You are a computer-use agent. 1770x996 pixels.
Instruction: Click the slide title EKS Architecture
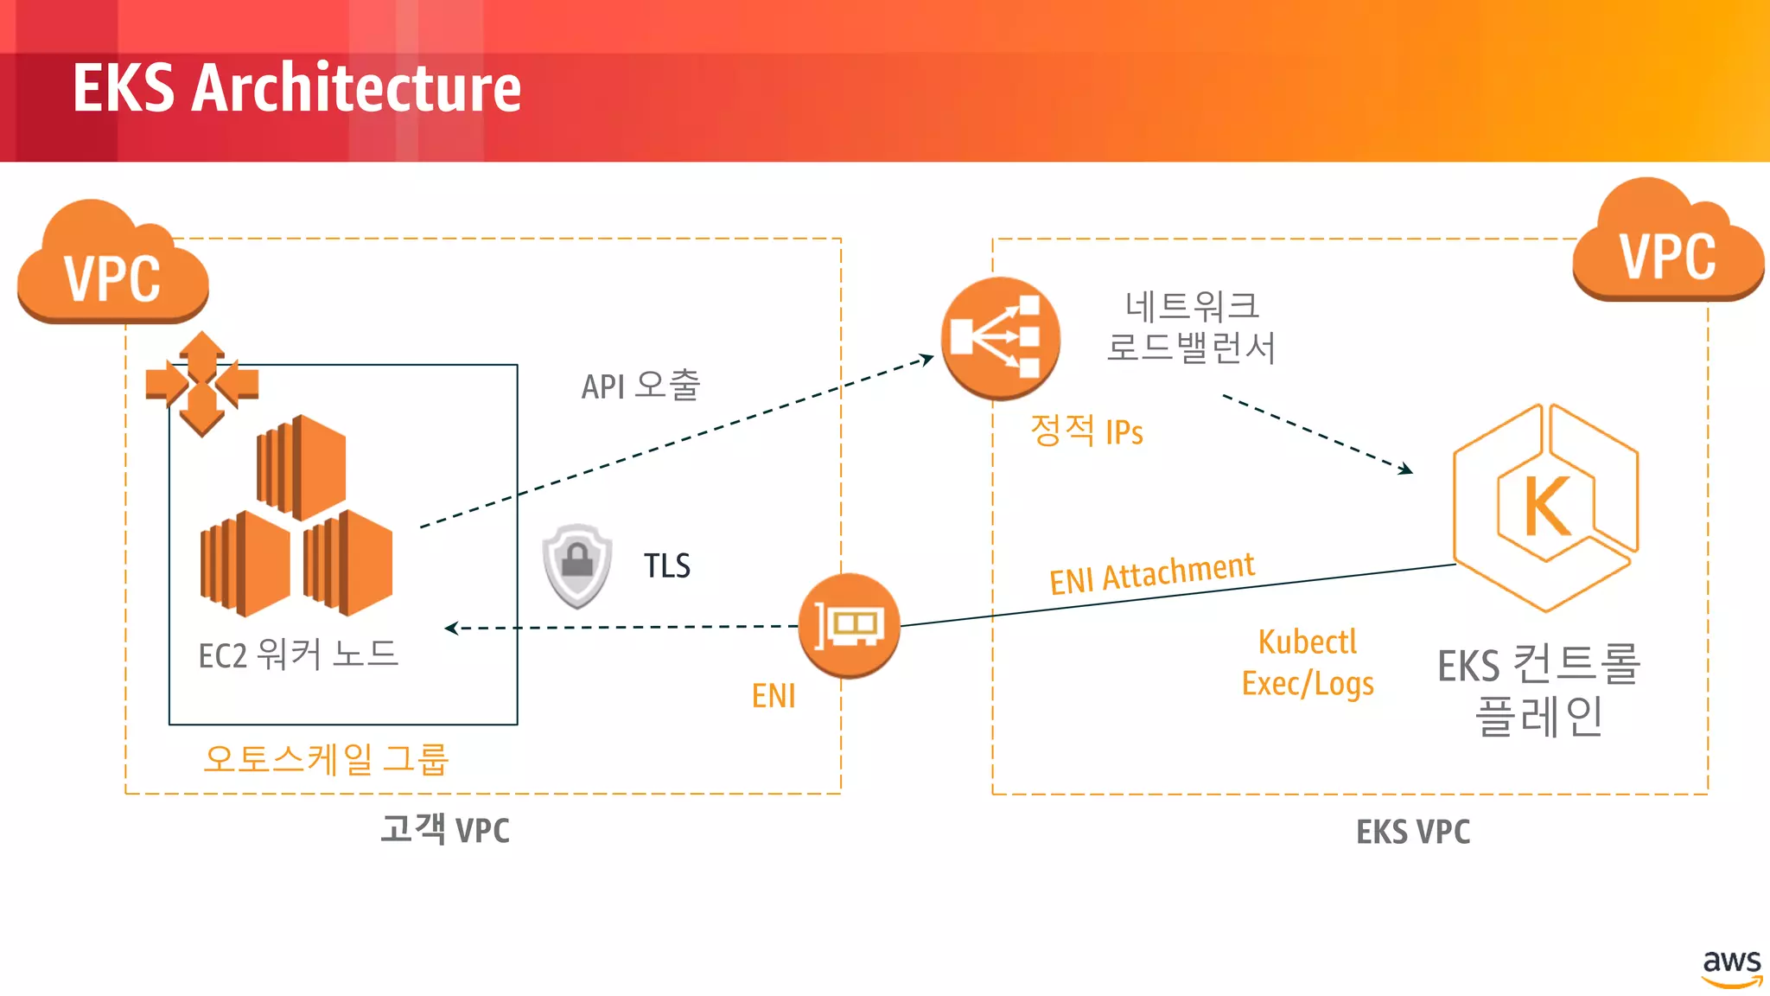pos(296,88)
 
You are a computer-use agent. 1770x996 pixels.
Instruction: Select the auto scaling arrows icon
pos(202,383)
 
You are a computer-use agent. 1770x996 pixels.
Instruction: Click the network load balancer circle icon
pos(1000,338)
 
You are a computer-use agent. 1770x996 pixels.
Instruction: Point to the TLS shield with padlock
pos(577,565)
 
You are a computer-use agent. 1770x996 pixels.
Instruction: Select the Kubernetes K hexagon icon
pos(1546,508)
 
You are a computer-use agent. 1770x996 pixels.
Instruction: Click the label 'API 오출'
pos(640,386)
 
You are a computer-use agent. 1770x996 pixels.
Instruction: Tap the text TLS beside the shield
pos(667,566)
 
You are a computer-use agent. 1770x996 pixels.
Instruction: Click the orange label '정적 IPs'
pos(1086,431)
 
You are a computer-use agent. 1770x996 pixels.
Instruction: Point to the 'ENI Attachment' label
pos(1151,573)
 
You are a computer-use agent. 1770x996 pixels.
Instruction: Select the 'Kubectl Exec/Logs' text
pos(1308,662)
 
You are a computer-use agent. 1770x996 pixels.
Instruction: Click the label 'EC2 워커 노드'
pos(298,654)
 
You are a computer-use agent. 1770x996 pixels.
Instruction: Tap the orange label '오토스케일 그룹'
pos(326,759)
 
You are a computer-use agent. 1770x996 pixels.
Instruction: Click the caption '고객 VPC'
pos(445,829)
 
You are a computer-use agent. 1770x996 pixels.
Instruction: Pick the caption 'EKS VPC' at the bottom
pos(1413,832)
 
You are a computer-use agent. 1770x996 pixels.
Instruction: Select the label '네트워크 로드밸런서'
pos(1191,327)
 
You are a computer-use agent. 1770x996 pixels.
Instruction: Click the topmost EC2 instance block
pos(302,467)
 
